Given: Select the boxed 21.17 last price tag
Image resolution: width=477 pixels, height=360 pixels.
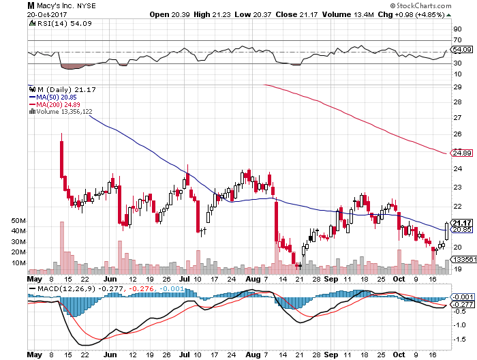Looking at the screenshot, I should (463, 222).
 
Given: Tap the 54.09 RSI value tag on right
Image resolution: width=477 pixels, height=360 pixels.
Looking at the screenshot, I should (462, 50).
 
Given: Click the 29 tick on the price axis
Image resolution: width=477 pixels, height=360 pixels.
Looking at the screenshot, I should (457, 87).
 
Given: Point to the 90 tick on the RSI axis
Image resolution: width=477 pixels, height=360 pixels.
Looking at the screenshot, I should (457, 29).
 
